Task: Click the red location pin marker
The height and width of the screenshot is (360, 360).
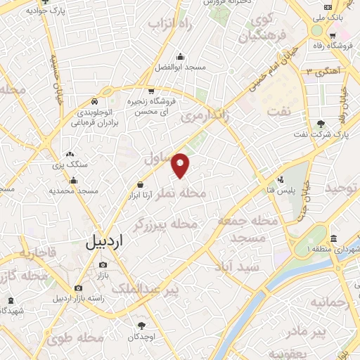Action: pyautogui.click(x=181, y=164)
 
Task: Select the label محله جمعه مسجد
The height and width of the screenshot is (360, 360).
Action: pyautogui.click(x=243, y=229)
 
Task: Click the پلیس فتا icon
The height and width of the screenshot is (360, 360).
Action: pyautogui.click(x=281, y=179)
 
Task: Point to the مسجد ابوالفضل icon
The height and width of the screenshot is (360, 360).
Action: pyautogui.click(x=181, y=56)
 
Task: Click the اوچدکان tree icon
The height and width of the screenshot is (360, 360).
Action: pyautogui.click(x=141, y=325)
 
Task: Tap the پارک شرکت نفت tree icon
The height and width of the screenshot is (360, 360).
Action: pyautogui.click(x=321, y=124)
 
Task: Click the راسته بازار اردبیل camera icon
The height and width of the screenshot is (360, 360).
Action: pyautogui.click(x=77, y=288)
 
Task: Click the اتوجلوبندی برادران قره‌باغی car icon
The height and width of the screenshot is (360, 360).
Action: pyautogui.click(x=105, y=91)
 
